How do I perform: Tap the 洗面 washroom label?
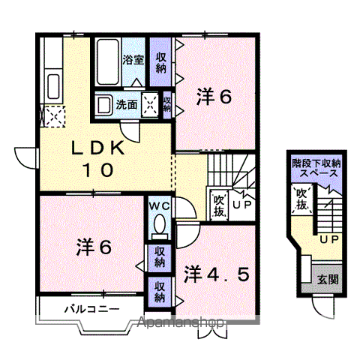pos(125,105)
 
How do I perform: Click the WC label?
pos(159,205)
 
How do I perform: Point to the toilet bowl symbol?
pos(159,223)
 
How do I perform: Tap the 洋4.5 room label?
pos(217,273)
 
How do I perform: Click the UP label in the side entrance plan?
pos(328,240)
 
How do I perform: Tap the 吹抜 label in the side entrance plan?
pos(301,198)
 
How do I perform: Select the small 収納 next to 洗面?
pos(166,105)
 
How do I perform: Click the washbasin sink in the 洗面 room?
pos(103,105)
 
